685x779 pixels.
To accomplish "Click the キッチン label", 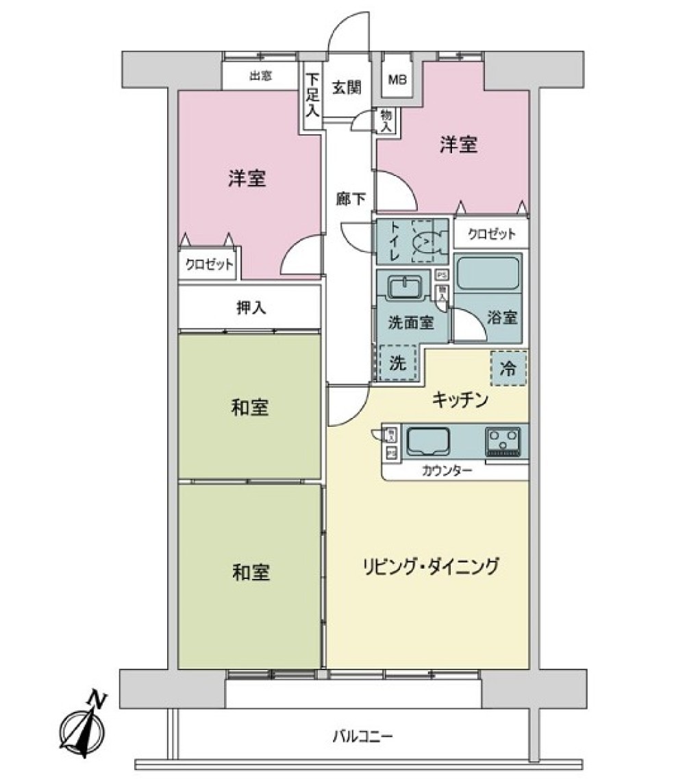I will tap(459, 399).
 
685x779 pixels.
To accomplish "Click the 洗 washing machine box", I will tap(397, 363).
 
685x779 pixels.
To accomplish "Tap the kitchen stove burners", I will tap(503, 442).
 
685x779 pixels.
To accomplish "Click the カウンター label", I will tap(447, 471).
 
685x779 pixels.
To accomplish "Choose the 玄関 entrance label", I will tap(347, 88).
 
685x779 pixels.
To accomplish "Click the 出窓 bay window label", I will tap(260, 76).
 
